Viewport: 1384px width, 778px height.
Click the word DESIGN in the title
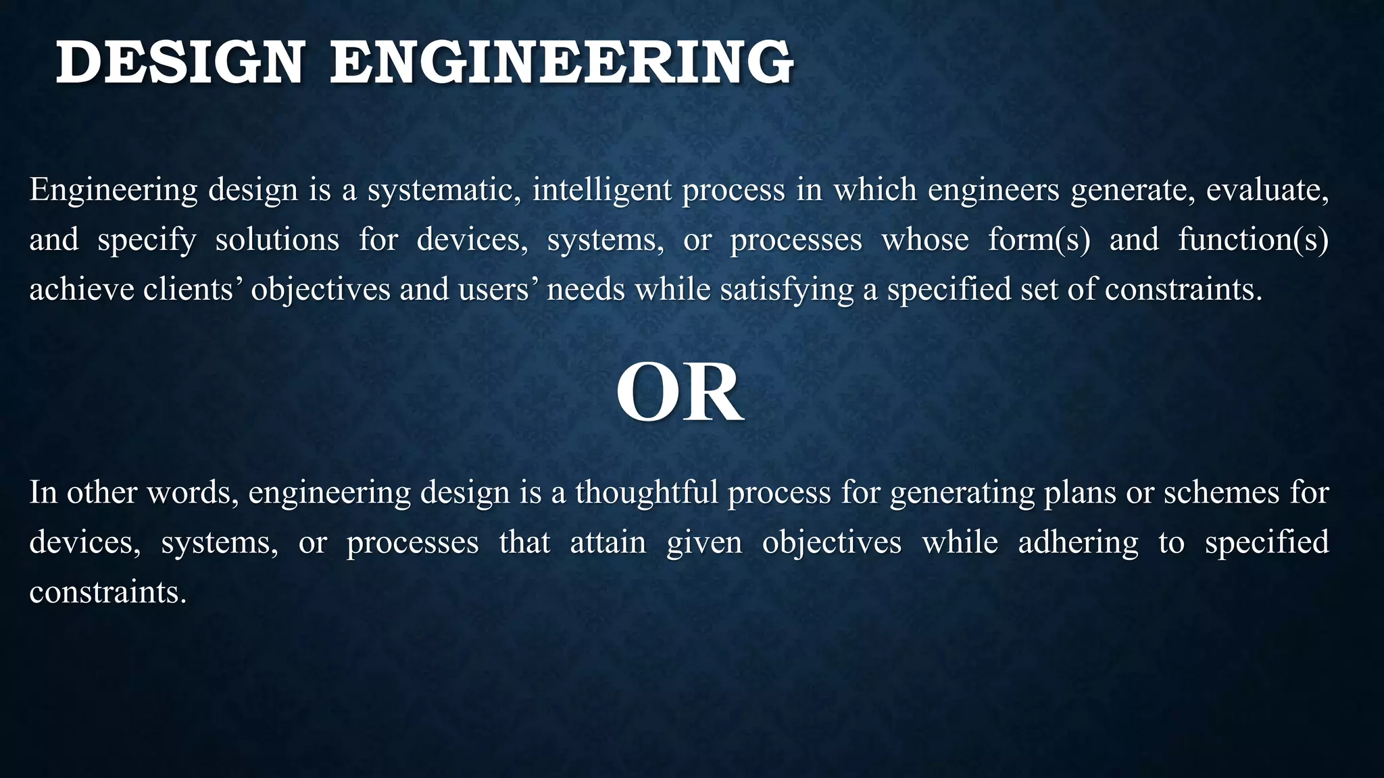(x=180, y=63)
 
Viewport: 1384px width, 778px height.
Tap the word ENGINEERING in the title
(x=562, y=63)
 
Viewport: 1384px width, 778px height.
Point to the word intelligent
(x=601, y=190)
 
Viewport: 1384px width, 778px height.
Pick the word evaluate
(x=1267, y=190)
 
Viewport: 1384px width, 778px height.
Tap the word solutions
(x=277, y=240)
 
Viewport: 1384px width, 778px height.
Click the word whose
(x=925, y=240)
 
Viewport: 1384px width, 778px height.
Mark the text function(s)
(x=1253, y=240)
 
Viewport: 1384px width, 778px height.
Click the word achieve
(x=81, y=290)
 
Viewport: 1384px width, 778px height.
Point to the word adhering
(x=1078, y=542)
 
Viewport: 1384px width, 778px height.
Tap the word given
(x=703, y=542)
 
